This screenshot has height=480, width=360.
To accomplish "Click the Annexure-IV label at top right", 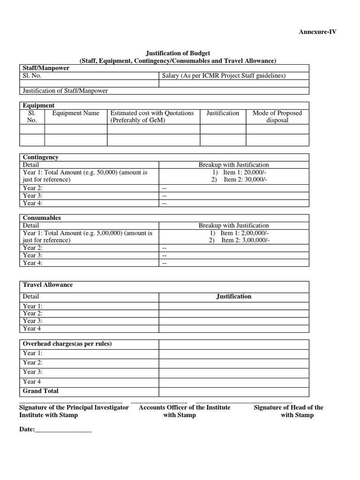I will pos(317,32).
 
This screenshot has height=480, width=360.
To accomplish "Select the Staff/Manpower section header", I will pos(46,68).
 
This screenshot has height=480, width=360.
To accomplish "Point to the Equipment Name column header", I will pos(75,113).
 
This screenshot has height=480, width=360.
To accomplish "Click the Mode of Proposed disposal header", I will pos(277,116).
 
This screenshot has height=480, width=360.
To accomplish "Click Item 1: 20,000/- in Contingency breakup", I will pos(239,172).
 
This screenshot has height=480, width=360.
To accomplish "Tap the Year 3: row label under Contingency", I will pos(33,195).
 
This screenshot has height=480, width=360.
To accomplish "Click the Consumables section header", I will pos(42,218).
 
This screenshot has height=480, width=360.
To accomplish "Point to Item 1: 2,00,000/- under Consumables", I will pos(239,233).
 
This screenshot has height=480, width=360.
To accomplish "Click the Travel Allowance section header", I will pos(48,285).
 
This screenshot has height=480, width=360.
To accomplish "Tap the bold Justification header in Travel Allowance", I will pos(233,296).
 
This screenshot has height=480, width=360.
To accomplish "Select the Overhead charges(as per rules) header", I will pos(67,344).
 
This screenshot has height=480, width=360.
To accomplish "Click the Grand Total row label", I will pos(41,391).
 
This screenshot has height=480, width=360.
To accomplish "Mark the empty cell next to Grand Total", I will pos(233,391).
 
